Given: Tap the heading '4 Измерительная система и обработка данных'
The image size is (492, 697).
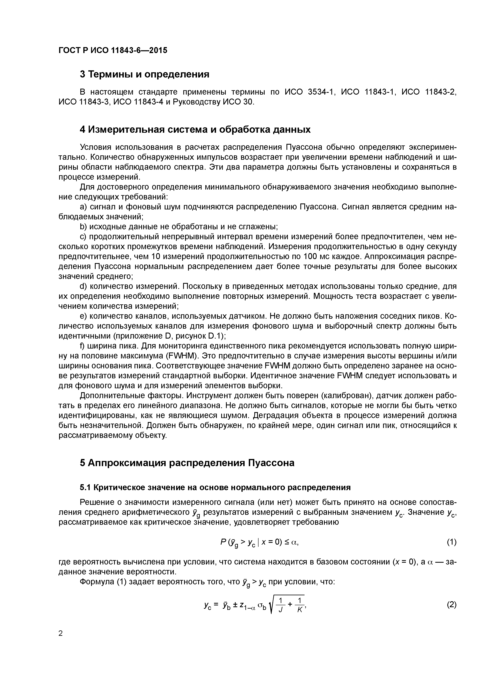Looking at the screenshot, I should (195, 130).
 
